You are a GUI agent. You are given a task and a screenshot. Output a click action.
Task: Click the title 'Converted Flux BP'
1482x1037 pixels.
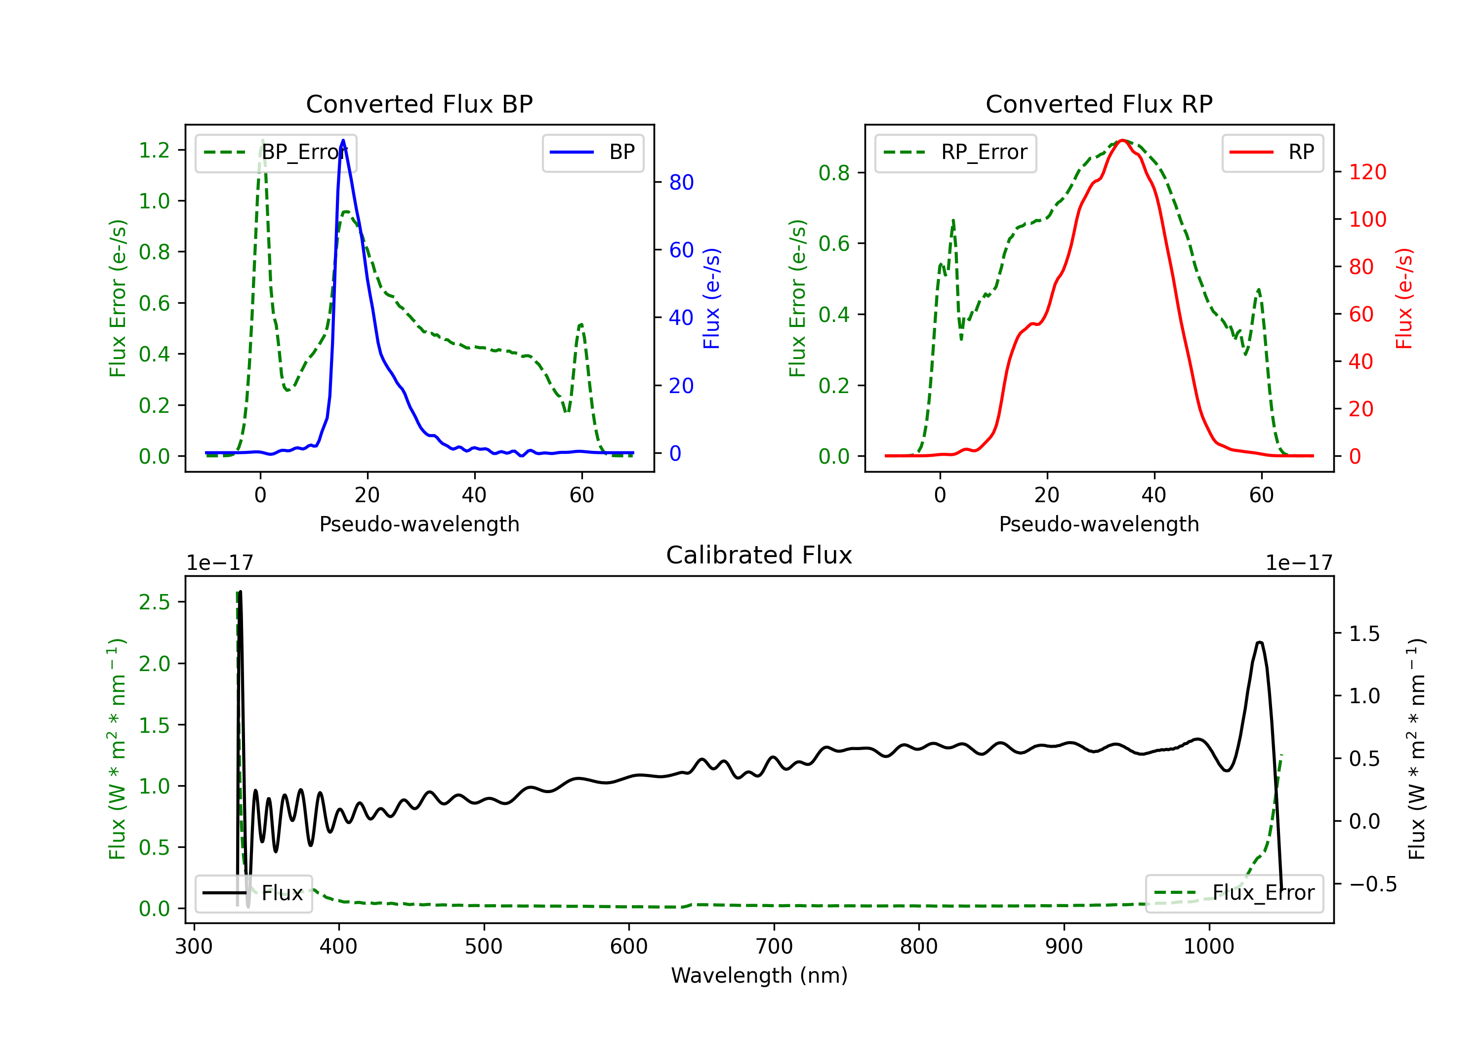(419, 104)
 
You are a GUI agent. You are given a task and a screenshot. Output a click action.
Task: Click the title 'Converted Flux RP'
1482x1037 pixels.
(1099, 104)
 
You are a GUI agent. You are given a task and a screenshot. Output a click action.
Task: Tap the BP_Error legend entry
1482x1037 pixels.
(276, 152)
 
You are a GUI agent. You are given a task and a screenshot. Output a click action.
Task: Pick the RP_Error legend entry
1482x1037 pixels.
(956, 152)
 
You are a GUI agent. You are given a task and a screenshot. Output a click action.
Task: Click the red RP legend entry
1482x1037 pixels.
(1272, 152)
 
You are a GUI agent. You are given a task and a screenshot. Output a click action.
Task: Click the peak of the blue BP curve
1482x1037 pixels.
(343, 140)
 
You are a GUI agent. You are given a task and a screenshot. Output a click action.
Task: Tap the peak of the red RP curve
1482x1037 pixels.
(1122, 140)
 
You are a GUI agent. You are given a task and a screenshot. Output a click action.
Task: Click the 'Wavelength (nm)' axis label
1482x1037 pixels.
(759, 975)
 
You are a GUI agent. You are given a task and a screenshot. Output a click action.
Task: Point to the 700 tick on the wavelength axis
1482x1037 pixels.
(774, 947)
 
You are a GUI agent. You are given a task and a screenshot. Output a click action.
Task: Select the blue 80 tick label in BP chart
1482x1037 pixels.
(681, 183)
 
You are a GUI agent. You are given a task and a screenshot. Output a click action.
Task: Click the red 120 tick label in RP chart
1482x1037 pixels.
(1367, 172)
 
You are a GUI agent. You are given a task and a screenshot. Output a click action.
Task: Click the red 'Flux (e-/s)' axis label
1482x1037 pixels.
(1404, 298)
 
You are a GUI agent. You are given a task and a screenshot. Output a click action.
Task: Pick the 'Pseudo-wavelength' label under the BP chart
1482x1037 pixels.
(419, 524)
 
